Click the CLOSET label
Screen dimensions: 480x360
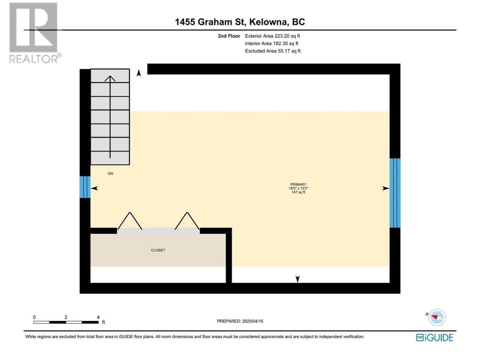pyautogui.click(x=158, y=250)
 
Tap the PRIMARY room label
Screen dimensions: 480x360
pyautogui.click(x=298, y=184)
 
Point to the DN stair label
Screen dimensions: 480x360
pyautogui.click(x=110, y=174)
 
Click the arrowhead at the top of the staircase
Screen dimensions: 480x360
pyautogui.click(x=110, y=78)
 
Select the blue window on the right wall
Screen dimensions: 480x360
pyautogui.click(x=395, y=193)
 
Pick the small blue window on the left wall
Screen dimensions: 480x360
pyautogui.click(x=85, y=187)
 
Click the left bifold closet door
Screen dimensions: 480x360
pyautogui.click(x=130, y=221)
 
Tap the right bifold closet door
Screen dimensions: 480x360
pyautogui.click(x=187, y=221)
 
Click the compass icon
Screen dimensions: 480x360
pyautogui.click(x=437, y=317)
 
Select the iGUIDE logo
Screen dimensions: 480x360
pyautogui.click(x=435, y=337)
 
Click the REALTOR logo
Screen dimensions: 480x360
pyautogui.click(x=35, y=33)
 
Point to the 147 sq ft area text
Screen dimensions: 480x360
pyautogui.click(x=298, y=192)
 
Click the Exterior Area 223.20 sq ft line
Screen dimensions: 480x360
pyautogui.click(x=273, y=36)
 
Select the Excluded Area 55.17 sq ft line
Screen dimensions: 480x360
pyautogui.click(x=273, y=51)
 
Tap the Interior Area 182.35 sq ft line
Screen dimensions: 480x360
pyautogui.click(x=271, y=43)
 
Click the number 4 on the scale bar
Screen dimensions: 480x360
pyautogui.click(x=98, y=317)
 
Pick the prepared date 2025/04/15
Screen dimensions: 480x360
pyautogui.click(x=253, y=321)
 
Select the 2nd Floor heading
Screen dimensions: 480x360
pyautogui.click(x=229, y=36)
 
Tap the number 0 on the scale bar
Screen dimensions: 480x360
pyautogui.click(x=34, y=317)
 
